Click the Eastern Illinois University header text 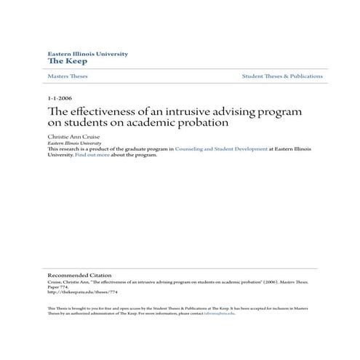click(87, 54)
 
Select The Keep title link click(64, 62)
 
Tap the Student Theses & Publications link click(282, 76)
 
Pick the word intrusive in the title click(190, 112)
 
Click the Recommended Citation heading click(79, 276)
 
